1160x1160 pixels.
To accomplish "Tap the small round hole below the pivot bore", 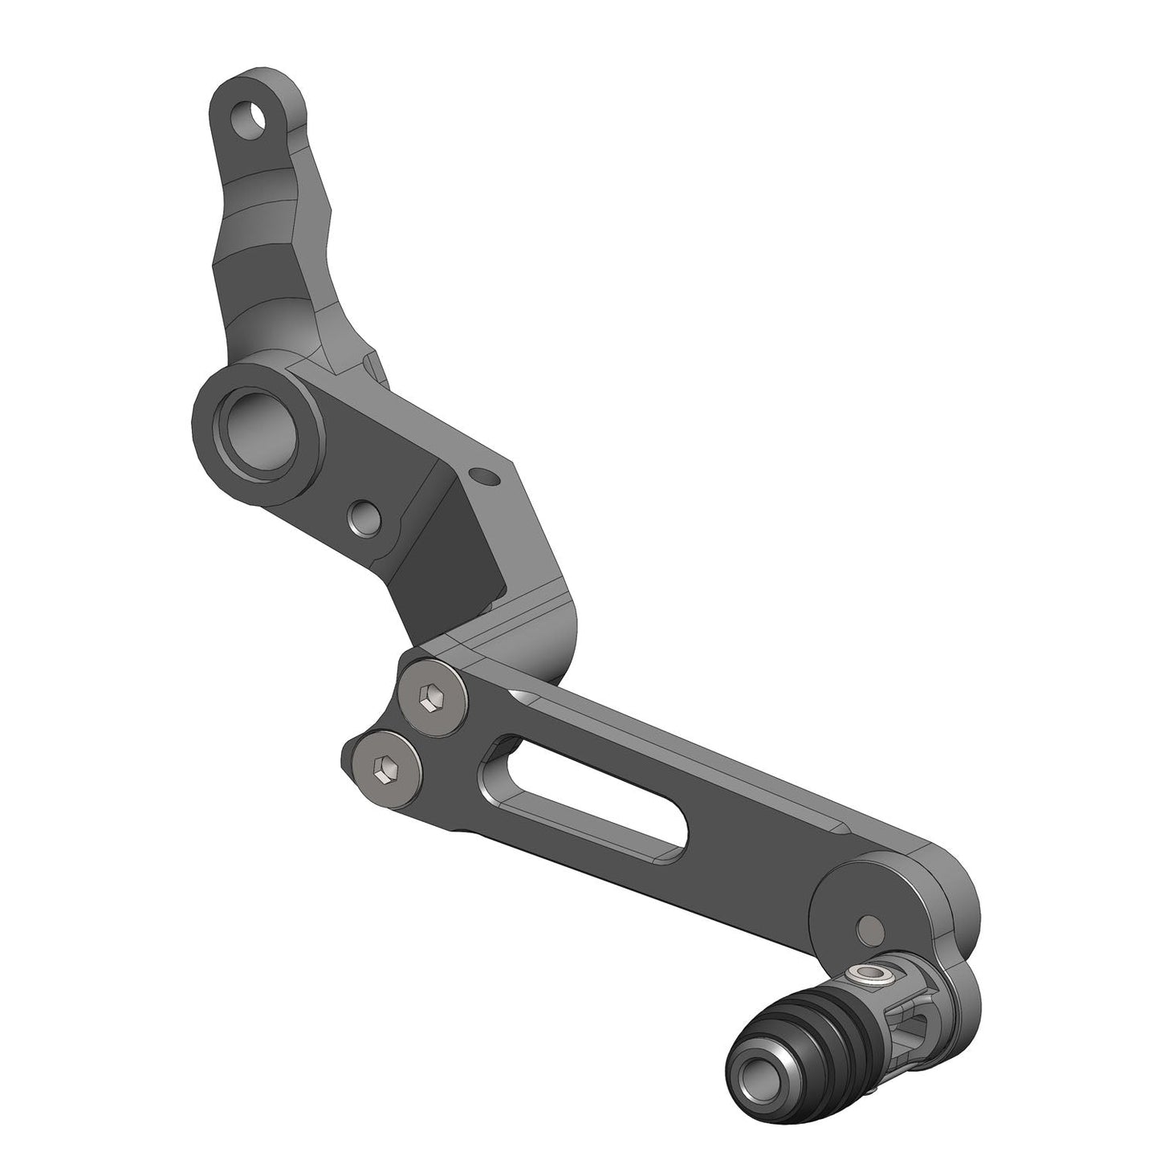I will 363,516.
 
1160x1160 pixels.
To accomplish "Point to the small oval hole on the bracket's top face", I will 484,476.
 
